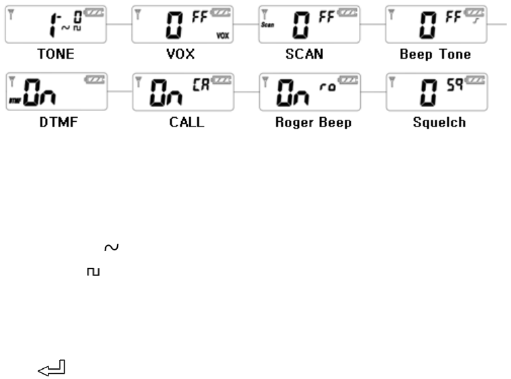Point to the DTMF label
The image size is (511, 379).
point(55,123)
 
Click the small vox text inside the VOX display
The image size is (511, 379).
point(222,36)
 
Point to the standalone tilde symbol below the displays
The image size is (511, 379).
point(112,249)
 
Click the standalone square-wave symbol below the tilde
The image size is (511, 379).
point(92,271)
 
